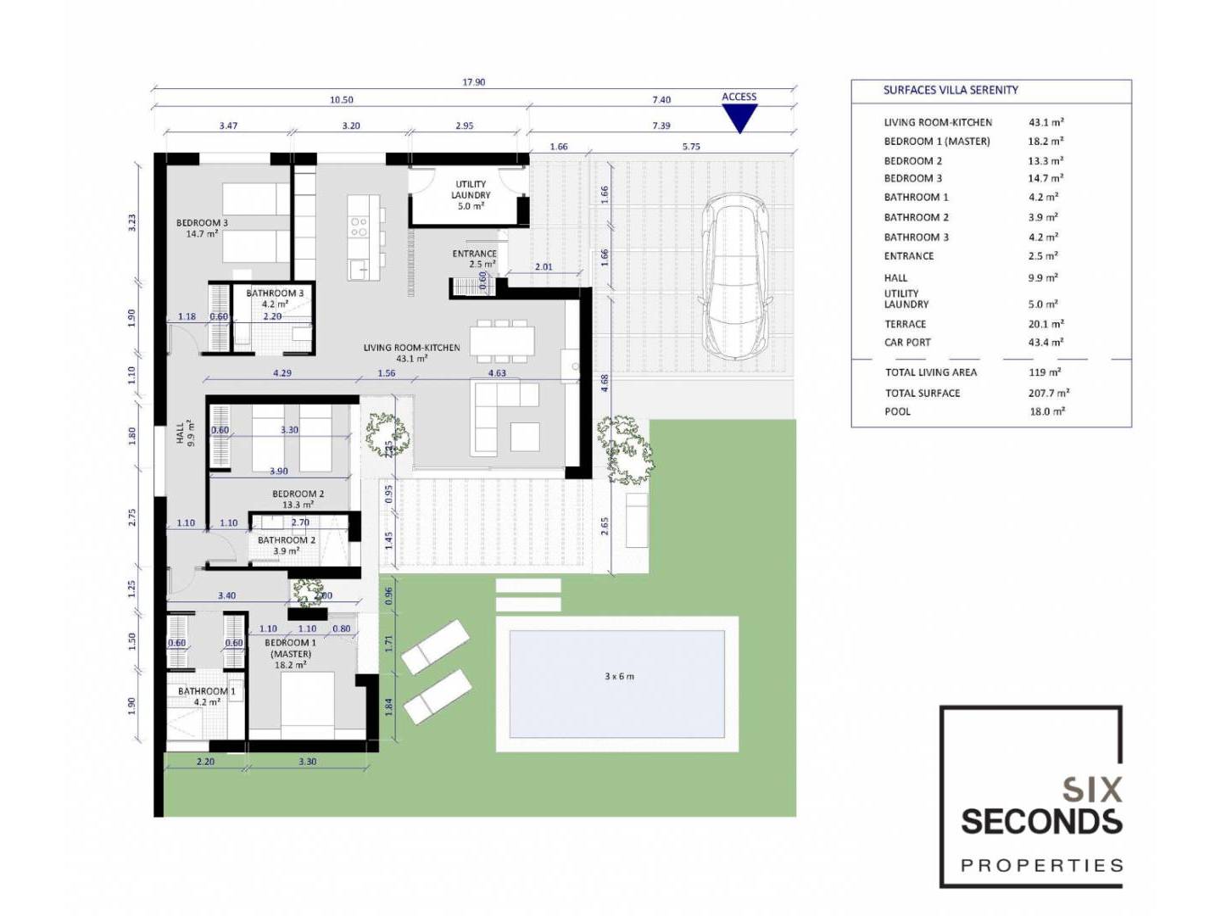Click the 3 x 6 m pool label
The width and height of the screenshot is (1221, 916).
619,677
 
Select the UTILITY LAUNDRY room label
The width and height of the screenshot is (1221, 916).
471,190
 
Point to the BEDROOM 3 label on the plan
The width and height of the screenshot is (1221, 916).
202,222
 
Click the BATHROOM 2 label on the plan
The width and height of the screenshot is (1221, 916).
287,540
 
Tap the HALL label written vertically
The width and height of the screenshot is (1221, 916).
181,433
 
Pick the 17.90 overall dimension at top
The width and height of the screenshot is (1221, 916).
473,82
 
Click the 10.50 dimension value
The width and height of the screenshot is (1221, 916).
342,100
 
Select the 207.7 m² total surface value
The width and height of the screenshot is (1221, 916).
1049,393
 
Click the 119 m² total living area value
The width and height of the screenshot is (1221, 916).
1045,372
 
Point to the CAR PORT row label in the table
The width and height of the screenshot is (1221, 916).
907,343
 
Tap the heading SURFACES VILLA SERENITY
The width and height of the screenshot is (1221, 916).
951,90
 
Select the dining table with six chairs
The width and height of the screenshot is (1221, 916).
502,340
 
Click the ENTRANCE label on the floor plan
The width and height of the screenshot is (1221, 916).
475,254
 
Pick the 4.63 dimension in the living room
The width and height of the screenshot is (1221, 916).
497,373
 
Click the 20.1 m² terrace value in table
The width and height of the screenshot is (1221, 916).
1045,324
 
